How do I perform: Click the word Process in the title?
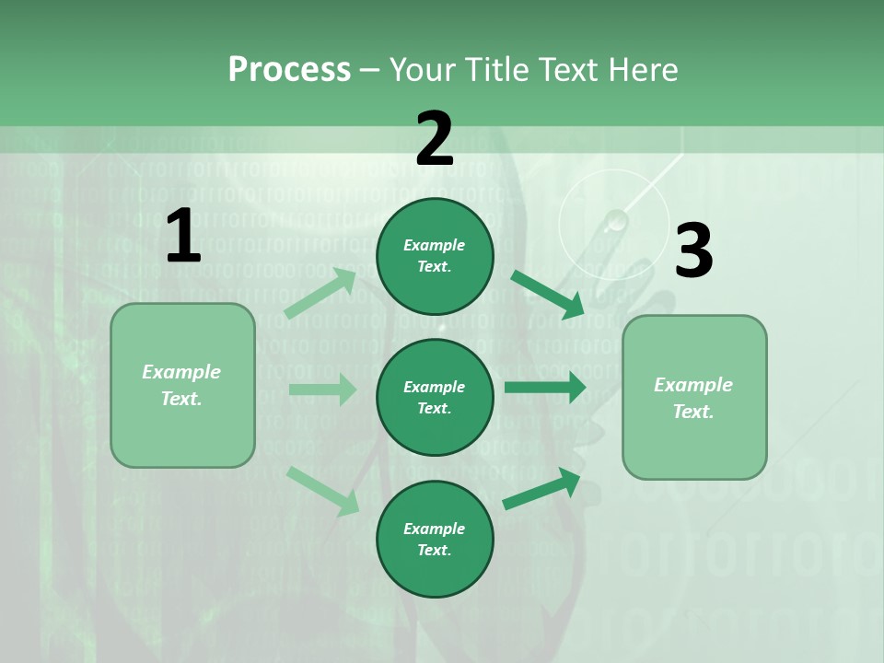pyautogui.click(x=289, y=69)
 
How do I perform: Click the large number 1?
pyautogui.click(x=183, y=237)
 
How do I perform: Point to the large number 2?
pyautogui.click(x=435, y=139)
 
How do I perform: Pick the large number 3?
pyautogui.click(x=693, y=251)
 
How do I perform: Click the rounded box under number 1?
pyautogui.click(x=182, y=385)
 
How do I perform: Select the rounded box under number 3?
pyautogui.click(x=694, y=398)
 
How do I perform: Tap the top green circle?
pyautogui.click(x=435, y=256)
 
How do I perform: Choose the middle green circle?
pyautogui.click(x=435, y=398)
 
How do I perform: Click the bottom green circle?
pyautogui.click(x=435, y=540)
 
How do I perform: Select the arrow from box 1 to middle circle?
pyautogui.click(x=322, y=390)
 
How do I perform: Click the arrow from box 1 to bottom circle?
pyautogui.click(x=322, y=490)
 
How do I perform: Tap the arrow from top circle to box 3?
pyautogui.click(x=547, y=295)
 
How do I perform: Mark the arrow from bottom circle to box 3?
pyautogui.click(x=541, y=489)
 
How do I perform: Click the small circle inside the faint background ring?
pyautogui.click(x=615, y=220)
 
